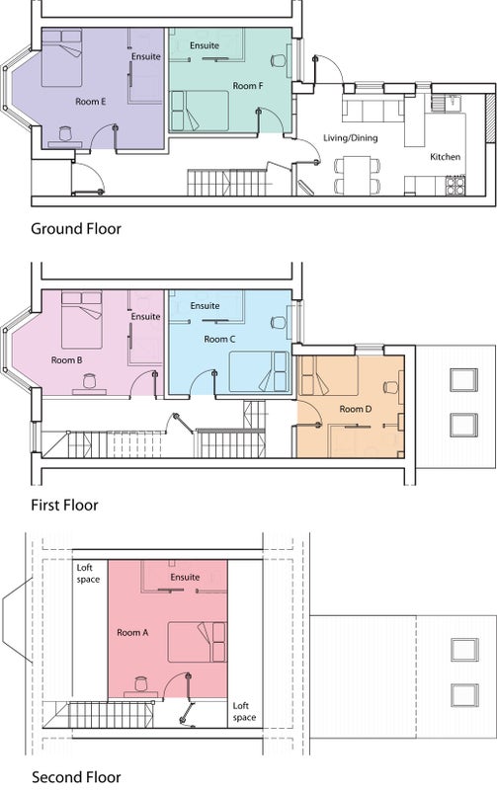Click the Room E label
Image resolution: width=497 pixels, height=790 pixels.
91,102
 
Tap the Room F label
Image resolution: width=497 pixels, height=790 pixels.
247,86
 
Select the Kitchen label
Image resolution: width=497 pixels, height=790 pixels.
445,157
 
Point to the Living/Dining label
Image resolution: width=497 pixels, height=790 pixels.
351,137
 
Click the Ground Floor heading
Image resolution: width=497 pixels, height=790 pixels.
76,229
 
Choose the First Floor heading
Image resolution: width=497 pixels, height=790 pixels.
64,505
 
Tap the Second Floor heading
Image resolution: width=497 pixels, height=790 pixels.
76,777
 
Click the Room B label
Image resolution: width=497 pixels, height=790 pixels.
66,360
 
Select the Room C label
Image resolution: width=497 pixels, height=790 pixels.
219,339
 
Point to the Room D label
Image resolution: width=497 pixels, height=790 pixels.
356,409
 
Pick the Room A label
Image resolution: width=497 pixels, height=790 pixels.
132,632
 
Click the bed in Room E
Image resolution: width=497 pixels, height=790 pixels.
61,57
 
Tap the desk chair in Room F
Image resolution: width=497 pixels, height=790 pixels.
278,61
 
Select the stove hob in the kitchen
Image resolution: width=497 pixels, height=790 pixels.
456,185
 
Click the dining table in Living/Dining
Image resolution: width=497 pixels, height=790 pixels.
358,175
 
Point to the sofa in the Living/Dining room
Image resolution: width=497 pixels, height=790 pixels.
373,108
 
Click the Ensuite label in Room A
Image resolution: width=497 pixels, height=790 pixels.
185,577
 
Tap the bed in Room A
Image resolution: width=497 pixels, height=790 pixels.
197,642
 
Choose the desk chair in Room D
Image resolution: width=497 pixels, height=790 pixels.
390,387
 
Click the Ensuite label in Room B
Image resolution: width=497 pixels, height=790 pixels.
145,316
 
